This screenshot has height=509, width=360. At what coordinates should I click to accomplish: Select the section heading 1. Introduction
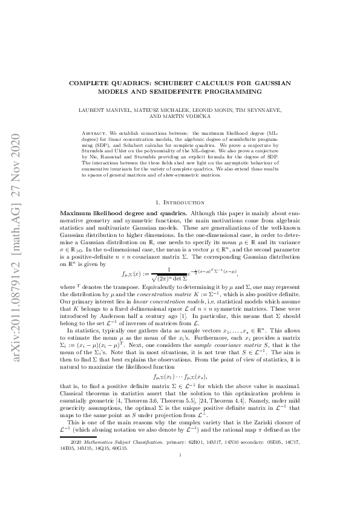(x=180, y=201)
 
